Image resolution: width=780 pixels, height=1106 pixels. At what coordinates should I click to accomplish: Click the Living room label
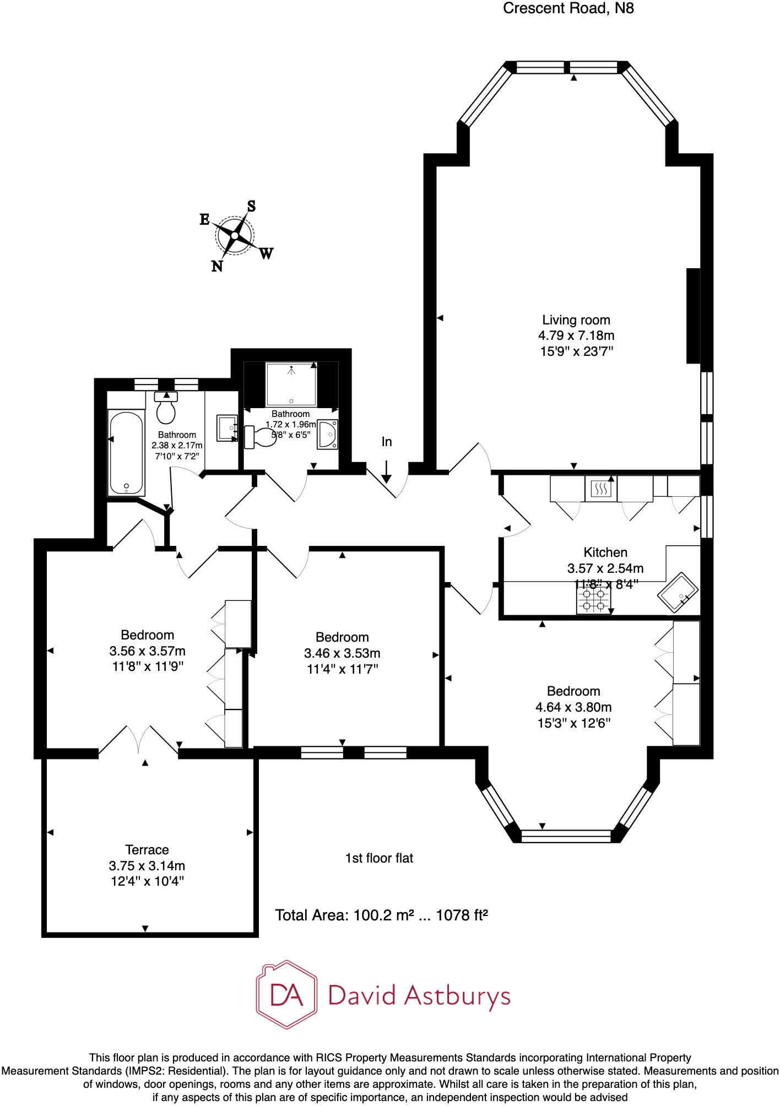pos(576,320)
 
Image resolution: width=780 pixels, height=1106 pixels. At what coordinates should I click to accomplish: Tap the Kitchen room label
pos(605,552)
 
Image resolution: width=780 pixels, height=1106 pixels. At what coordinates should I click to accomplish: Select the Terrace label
pos(147,850)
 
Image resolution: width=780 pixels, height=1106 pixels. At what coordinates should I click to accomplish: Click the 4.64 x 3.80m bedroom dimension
pos(573,707)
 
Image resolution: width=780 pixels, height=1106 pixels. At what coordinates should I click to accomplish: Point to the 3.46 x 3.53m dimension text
pos(342,653)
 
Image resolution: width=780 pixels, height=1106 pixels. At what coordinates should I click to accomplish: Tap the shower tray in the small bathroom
pos(291,383)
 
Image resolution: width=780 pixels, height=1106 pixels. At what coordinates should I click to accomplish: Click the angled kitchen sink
pos(679,593)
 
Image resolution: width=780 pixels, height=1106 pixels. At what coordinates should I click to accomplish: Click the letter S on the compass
pos(251,207)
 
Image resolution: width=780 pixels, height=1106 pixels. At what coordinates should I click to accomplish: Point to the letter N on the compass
pos(217,267)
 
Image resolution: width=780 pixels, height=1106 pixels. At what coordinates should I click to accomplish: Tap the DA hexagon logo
pos(286,995)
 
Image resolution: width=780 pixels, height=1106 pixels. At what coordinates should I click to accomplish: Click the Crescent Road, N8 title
pos(568,9)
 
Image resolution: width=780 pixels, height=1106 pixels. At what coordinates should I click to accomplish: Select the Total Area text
pos(381,915)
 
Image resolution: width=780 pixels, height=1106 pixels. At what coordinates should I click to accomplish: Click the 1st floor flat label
pos(379,858)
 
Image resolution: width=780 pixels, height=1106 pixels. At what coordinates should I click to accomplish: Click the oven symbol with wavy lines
pos(600,489)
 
